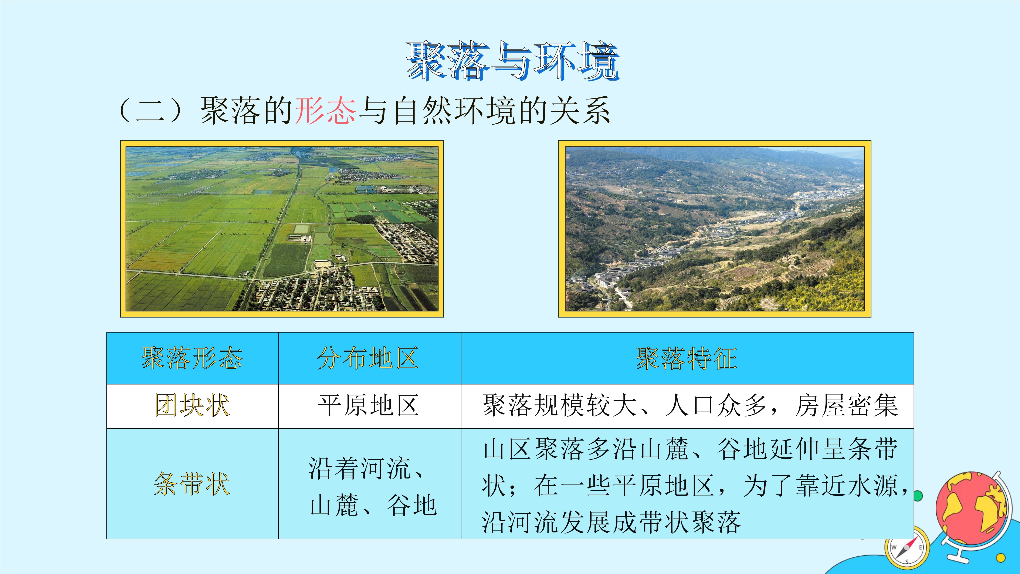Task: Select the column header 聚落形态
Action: pos(192,358)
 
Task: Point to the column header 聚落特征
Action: pos(687,358)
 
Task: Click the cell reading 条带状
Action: pos(192,484)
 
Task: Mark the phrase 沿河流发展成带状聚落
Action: pos(611,522)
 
